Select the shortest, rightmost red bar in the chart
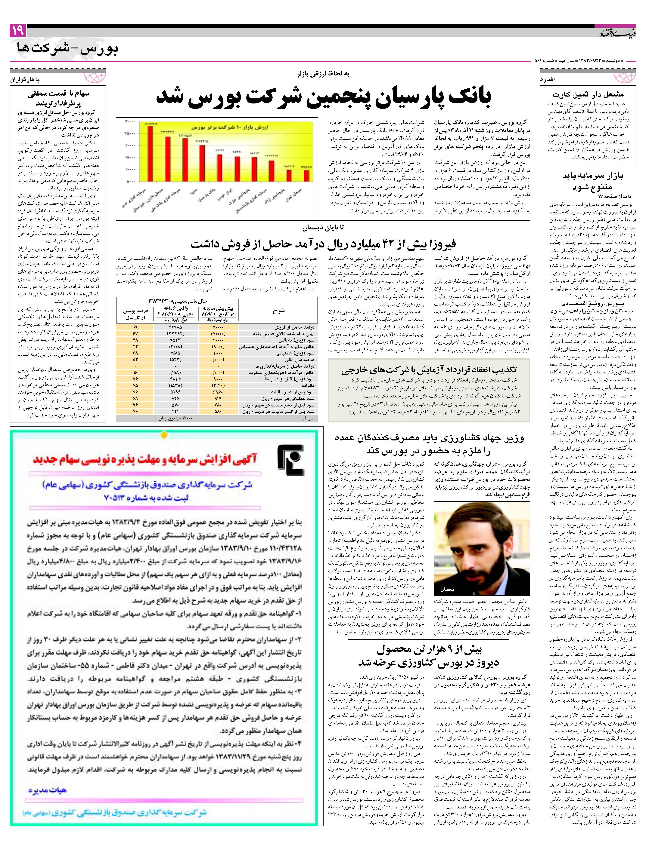coord(306,175)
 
